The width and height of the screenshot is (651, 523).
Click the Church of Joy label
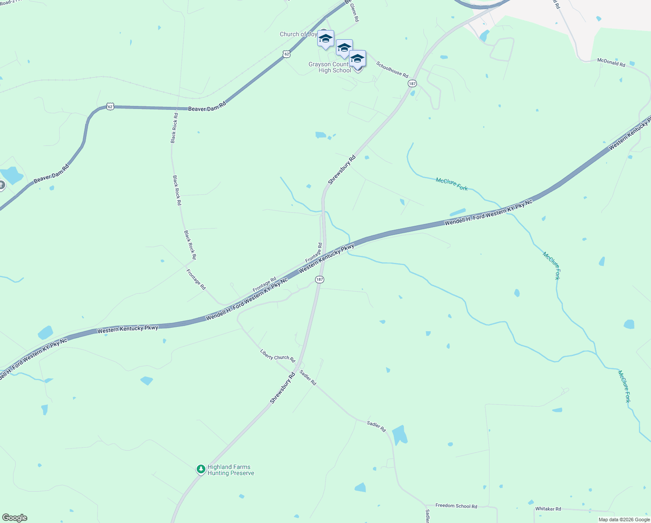click(x=298, y=34)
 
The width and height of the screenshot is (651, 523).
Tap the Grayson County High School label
click(x=329, y=68)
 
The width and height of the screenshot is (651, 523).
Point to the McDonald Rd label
click(x=611, y=62)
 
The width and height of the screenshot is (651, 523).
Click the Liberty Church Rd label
click(x=278, y=356)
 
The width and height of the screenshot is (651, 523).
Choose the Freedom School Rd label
click(x=456, y=506)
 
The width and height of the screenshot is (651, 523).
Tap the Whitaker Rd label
click(x=548, y=509)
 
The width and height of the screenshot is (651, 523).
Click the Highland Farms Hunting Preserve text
click(x=231, y=470)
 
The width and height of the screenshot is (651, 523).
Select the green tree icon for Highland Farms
click(x=201, y=469)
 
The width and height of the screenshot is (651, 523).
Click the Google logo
click(x=15, y=518)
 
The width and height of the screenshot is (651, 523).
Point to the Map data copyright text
click(x=624, y=520)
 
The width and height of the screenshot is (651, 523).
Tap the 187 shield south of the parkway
click(x=319, y=279)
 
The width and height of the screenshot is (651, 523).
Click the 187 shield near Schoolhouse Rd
click(x=412, y=83)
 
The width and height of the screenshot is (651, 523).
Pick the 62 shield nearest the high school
click(x=286, y=54)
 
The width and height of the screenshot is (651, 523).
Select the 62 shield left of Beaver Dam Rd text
click(x=111, y=106)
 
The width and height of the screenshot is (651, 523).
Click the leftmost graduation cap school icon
click(x=325, y=39)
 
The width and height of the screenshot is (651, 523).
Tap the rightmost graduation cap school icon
click(x=357, y=59)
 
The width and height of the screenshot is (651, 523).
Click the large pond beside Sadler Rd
click(x=399, y=435)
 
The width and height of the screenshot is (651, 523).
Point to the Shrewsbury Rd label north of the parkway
click(x=342, y=170)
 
